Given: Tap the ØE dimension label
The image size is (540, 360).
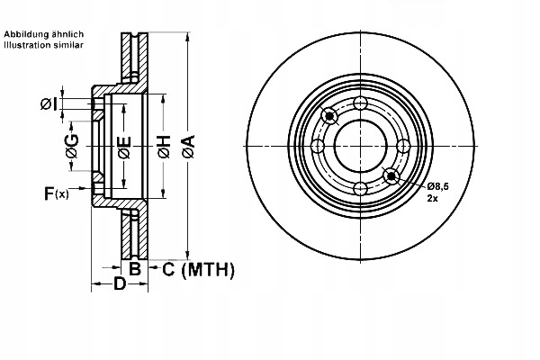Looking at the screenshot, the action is (x=124, y=145).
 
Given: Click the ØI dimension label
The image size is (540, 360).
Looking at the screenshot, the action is (x=49, y=104).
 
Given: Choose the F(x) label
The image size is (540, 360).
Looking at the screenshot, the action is (x=57, y=193).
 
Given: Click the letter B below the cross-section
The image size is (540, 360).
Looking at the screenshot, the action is (x=134, y=268).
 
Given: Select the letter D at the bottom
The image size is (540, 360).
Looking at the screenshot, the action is (x=119, y=285).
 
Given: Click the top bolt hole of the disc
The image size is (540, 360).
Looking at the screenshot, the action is (x=360, y=103).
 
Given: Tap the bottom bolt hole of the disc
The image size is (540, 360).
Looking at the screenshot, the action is (x=360, y=187).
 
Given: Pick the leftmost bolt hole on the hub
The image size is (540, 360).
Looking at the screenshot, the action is (x=318, y=146).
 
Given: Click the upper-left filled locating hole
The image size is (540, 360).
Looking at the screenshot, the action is (x=330, y=115).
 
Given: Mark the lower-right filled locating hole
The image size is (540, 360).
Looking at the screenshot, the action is (x=390, y=175).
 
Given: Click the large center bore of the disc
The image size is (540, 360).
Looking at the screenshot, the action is (x=360, y=146).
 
